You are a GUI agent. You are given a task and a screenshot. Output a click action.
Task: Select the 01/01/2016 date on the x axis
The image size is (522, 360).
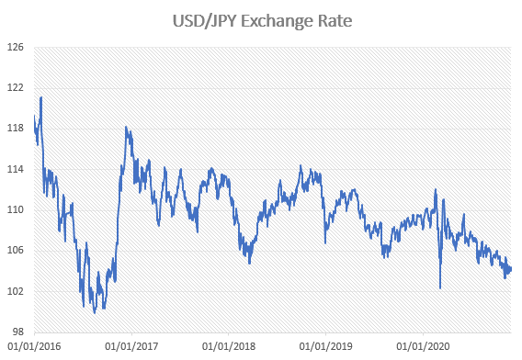[x=33, y=347]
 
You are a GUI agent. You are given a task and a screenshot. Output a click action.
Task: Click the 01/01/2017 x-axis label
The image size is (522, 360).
[x=131, y=347]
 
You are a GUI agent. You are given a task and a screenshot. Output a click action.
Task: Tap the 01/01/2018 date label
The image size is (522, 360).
[x=228, y=347]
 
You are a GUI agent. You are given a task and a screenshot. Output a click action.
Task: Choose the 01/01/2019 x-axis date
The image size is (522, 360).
[x=325, y=347]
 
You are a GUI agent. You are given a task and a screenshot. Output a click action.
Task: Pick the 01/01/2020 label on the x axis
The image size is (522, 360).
[x=422, y=347]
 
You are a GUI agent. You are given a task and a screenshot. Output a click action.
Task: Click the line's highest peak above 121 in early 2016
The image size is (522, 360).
[x=40, y=96]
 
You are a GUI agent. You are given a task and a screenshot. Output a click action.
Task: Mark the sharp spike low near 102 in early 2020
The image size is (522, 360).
[x=440, y=288]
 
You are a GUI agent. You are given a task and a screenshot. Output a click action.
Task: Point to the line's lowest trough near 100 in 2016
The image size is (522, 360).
[x=95, y=312]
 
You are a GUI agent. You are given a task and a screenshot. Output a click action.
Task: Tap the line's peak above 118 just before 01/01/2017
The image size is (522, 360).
[x=126, y=128]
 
